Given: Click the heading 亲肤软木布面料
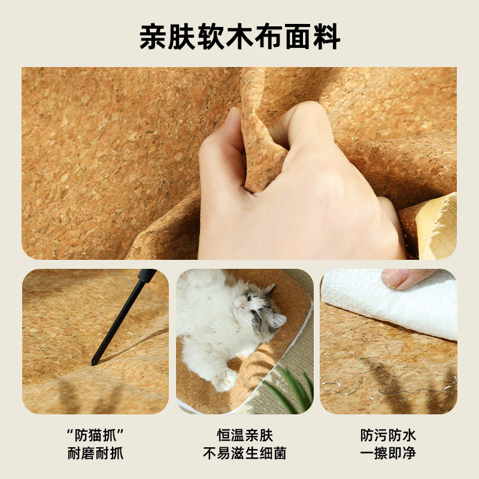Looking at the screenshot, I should (x=239, y=37).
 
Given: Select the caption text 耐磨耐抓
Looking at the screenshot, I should (x=95, y=453).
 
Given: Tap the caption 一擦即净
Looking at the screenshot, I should (x=388, y=453).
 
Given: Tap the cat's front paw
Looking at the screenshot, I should (x=226, y=380).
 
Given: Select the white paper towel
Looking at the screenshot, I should (x=389, y=305).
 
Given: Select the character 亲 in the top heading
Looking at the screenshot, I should (x=153, y=37).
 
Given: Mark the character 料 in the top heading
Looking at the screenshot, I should (x=326, y=37).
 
